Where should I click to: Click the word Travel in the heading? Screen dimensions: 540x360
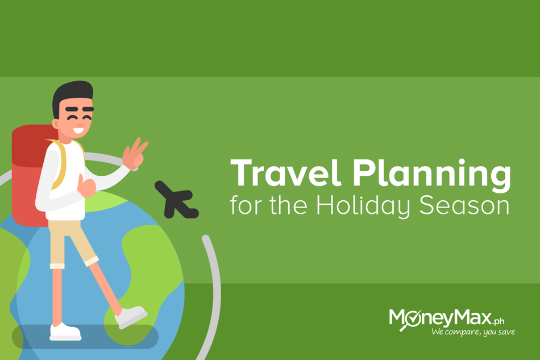pyautogui.click(x=285, y=173)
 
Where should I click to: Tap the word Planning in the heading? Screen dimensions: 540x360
pyautogui.click(x=431, y=175)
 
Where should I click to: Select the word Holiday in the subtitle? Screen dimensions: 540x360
pyautogui.click(x=363, y=206)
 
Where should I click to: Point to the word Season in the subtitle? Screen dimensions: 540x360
pyautogui.click(x=464, y=205)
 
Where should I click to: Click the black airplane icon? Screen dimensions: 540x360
pyautogui.click(x=176, y=200)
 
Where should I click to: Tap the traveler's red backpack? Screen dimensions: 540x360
pyautogui.click(x=29, y=176)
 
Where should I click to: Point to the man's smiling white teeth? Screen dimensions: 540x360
pyautogui.click(x=78, y=131)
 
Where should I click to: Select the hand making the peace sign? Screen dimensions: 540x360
pyautogui.click(x=135, y=154)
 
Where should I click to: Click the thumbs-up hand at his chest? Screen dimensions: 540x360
pyautogui.click(x=86, y=187)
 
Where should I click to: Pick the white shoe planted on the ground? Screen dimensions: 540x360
pyautogui.click(x=65, y=332)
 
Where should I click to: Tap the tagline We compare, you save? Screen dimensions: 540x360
pyautogui.click(x=473, y=332)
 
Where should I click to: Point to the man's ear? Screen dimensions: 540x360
pyautogui.click(x=56, y=123)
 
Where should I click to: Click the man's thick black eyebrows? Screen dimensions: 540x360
pyautogui.click(x=79, y=109)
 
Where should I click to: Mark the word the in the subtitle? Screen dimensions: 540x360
pyautogui.click(x=288, y=205)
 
